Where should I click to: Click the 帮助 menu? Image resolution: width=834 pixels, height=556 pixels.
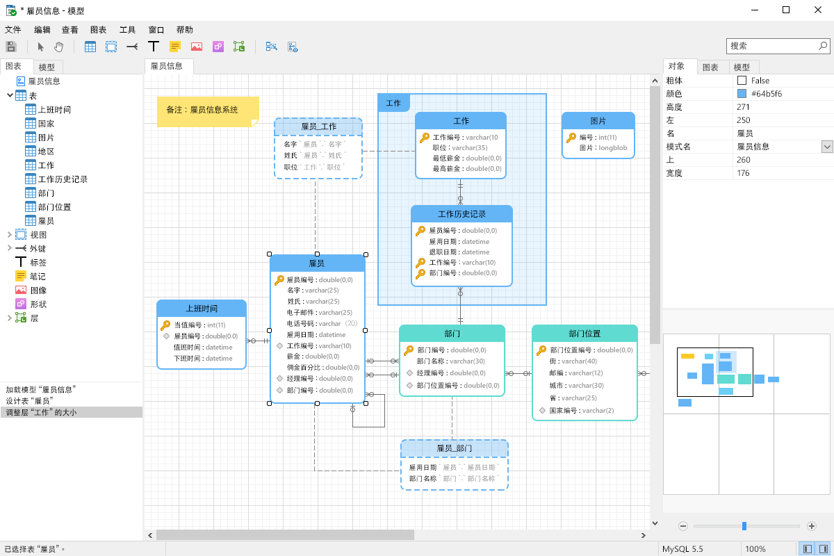(184, 30)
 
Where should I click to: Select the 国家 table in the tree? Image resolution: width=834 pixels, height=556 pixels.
(47, 124)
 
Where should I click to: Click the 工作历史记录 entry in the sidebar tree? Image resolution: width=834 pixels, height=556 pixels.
(63, 179)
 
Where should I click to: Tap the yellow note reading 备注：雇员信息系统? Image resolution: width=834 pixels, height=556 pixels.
(207, 110)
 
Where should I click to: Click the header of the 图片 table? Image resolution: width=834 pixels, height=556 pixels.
(598, 121)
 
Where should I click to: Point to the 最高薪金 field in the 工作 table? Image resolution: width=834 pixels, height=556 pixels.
(467, 168)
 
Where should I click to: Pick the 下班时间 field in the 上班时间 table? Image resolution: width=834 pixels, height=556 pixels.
(203, 359)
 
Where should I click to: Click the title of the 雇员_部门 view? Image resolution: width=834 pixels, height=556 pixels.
(454, 448)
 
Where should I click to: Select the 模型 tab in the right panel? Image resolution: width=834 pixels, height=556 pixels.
(742, 67)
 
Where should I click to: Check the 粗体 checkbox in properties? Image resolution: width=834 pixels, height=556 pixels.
(742, 81)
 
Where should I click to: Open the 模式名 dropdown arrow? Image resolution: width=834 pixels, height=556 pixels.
(827, 147)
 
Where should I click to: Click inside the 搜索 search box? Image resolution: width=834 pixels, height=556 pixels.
(771, 46)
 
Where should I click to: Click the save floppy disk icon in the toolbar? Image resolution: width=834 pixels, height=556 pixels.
(11, 47)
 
